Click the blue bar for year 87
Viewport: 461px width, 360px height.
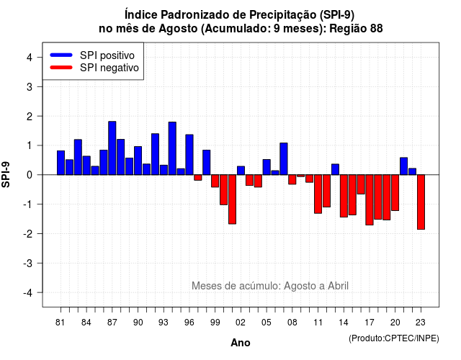112,148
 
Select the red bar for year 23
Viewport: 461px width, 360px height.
421,202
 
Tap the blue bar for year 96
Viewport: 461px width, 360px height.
189,155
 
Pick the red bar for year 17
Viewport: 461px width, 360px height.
370,200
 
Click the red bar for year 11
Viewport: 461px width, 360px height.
318,194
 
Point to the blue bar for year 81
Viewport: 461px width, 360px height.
61,163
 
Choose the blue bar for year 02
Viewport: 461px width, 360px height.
241,171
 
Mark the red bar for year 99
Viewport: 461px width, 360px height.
215,181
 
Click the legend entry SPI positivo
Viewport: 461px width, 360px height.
107,55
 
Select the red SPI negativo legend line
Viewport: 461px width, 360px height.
61,68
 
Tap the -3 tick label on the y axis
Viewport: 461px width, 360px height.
28,264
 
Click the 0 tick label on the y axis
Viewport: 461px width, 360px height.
30,175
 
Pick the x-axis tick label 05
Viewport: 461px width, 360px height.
267,323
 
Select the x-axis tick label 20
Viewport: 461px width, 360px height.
395,323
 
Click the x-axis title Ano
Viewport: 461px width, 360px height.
241,343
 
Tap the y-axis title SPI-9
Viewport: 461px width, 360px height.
6,174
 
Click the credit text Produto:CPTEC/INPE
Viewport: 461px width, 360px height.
394,338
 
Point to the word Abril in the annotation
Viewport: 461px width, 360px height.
338,286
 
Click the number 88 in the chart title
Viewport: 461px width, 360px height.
377,29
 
